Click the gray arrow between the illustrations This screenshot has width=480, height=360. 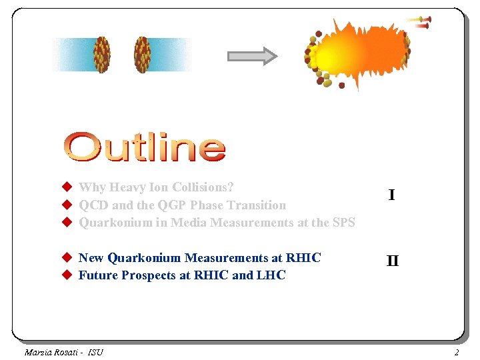[x=252, y=56]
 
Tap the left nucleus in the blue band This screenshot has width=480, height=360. [x=102, y=54]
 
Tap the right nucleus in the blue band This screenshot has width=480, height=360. [x=142, y=54]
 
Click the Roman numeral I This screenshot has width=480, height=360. [x=391, y=195]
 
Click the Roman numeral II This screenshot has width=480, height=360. [x=393, y=261]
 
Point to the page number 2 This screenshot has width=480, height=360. [x=457, y=352]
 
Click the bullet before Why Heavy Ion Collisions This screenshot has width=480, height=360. [x=67, y=188]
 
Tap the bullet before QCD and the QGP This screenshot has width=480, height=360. [x=67, y=205]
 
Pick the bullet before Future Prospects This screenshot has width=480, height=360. [x=67, y=275]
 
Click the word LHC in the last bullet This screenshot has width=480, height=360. [x=271, y=275]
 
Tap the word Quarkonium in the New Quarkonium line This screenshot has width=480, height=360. [x=145, y=258]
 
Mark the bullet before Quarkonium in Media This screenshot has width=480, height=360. [x=67, y=223]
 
